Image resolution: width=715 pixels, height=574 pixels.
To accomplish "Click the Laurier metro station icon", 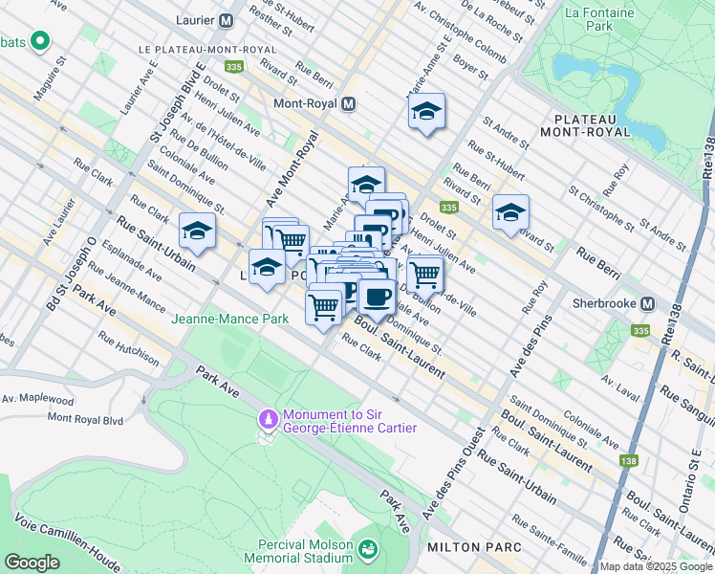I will pos(227,19).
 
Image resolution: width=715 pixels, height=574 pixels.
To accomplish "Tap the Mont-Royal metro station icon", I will pos(348,103).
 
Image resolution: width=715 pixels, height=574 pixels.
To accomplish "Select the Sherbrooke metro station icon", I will pos(647,303).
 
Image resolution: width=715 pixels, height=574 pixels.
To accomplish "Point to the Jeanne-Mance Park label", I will pos(230,319).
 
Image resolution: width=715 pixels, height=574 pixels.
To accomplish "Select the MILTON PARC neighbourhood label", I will pos(475,546).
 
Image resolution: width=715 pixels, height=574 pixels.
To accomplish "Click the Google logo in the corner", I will pos(32,563).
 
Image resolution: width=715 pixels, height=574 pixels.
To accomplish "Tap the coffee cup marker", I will pos(378,297).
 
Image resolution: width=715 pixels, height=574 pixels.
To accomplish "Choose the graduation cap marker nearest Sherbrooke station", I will pos(510,211).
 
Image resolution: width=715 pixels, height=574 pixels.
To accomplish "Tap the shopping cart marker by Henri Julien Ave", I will pos(424,274).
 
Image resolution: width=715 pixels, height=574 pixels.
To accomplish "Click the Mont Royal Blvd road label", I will pos(85,418).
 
